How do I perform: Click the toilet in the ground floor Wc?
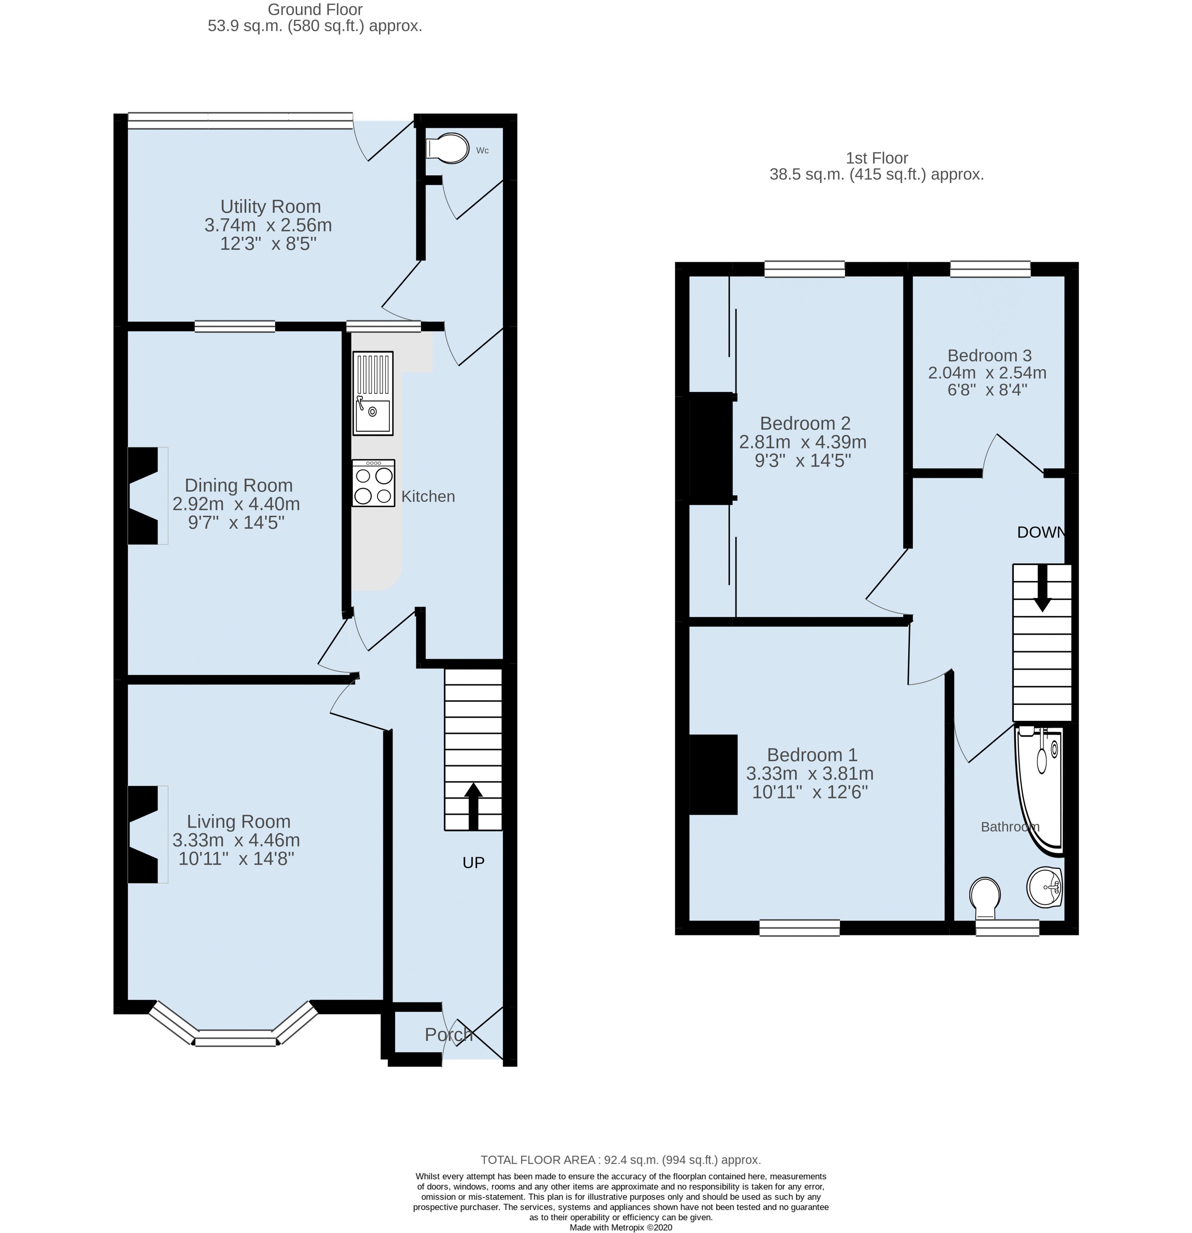point(448,149)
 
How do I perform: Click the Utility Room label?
point(270,206)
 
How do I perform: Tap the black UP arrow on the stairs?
point(473,806)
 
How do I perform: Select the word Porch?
point(448,1035)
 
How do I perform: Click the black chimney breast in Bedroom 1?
point(713,774)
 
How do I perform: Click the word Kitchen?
point(428,496)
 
